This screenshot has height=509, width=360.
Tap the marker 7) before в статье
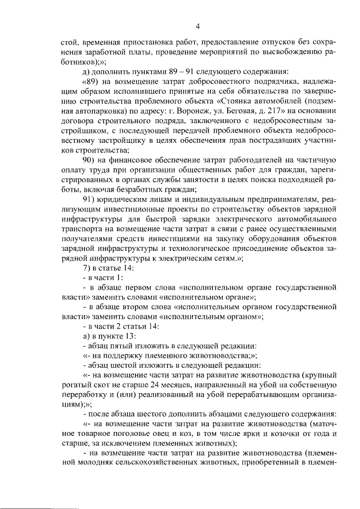[x=85, y=267]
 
